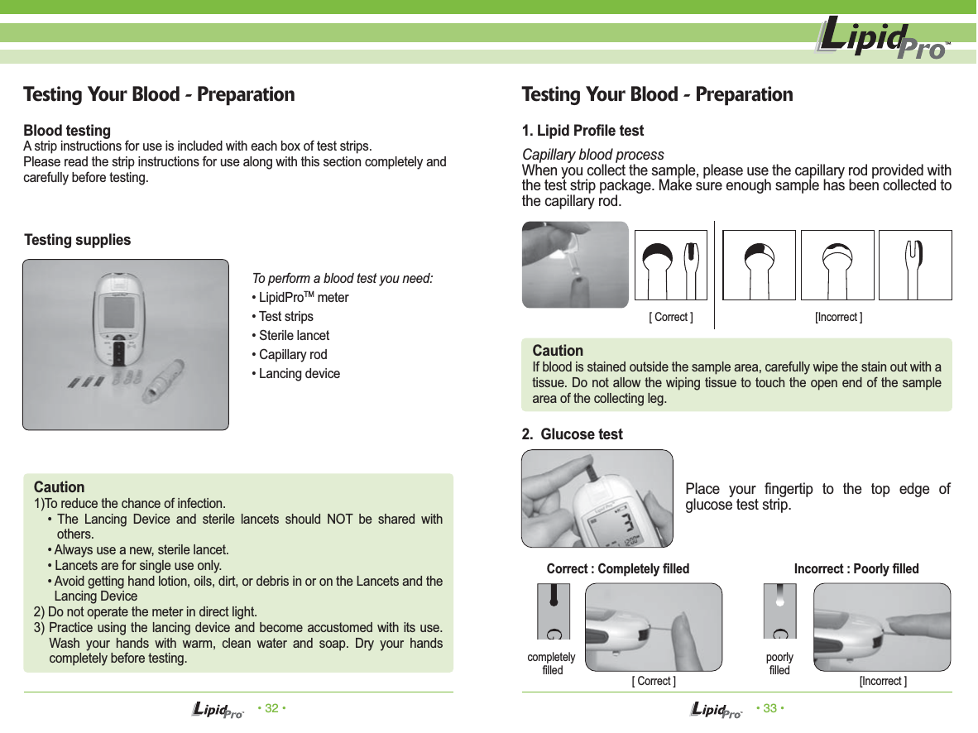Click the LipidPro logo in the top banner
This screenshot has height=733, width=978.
pyautogui.click(x=882, y=39)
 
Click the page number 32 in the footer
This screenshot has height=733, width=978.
pyautogui.click(x=271, y=708)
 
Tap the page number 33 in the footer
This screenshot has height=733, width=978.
pyautogui.click(x=769, y=708)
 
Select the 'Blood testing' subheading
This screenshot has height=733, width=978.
pyautogui.click(x=67, y=131)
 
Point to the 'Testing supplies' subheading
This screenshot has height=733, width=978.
pyautogui.click(x=78, y=240)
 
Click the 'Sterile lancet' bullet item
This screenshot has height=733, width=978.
pyautogui.click(x=294, y=336)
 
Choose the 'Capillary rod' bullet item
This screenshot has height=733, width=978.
pyautogui.click(x=293, y=355)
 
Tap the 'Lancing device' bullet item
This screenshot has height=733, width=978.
pyautogui.click(x=299, y=374)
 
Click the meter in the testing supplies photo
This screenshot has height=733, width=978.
pyautogui.click(x=120, y=318)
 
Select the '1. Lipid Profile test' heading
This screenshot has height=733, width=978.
pyautogui.click(x=582, y=131)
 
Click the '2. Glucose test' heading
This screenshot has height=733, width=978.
pyautogui.click(x=573, y=434)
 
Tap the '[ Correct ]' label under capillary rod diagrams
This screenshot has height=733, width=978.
pyautogui.click(x=671, y=318)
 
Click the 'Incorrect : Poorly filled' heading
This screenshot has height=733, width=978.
pyautogui.click(x=856, y=569)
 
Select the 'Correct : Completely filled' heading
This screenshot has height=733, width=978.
pyautogui.click(x=618, y=569)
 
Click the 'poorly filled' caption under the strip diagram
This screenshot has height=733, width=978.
pyautogui.click(x=779, y=664)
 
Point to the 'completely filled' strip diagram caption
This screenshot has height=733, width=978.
pyautogui.click(x=552, y=664)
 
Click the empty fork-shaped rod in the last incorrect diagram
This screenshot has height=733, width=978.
pyautogui.click(x=914, y=265)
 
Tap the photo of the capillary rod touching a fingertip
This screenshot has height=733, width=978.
pyautogui.click(x=575, y=265)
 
